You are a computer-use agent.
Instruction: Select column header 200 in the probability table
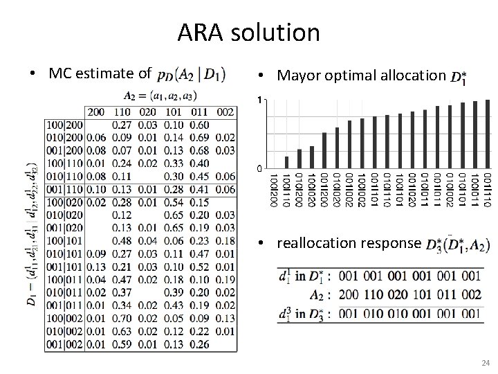(x=96, y=111)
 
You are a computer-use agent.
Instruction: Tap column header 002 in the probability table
(x=225, y=111)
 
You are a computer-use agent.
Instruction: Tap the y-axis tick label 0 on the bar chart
(x=259, y=168)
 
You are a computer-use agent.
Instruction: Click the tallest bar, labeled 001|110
(x=488, y=134)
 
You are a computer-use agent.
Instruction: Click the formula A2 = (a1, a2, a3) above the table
(x=158, y=96)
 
